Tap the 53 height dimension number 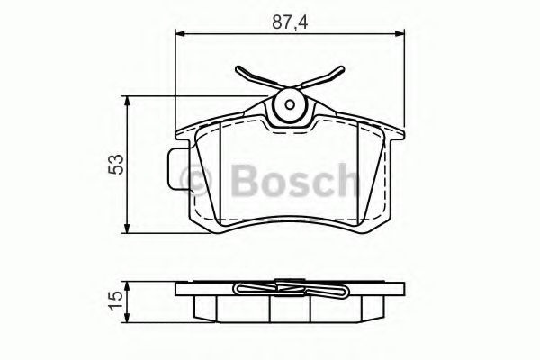[114, 163]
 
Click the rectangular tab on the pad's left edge [175, 167]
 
